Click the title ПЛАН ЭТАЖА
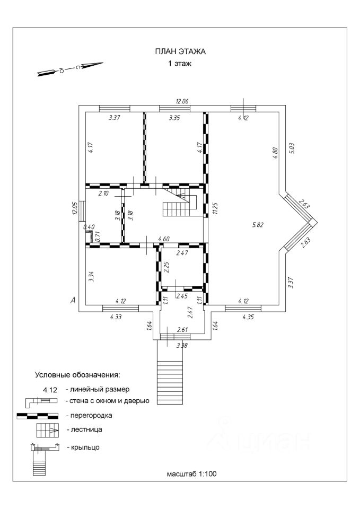(x=180, y=51)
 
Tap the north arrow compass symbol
(x=70, y=69)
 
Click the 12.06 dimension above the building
(x=182, y=101)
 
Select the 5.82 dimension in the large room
(x=257, y=224)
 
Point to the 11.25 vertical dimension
(x=214, y=208)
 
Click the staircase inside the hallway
(x=180, y=203)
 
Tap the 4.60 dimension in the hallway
(x=164, y=240)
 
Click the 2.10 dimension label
(x=103, y=194)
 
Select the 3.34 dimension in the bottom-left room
(x=92, y=276)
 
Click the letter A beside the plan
(x=73, y=300)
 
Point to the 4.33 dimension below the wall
(x=116, y=317)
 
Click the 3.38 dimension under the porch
(x=182, y=345)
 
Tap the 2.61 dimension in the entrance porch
(x=183, y=330)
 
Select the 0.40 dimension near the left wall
(x=89, y=227)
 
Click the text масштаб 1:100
(x=191, y=473)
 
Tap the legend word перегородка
(x=89, y=415)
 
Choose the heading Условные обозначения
(x=77, y=375)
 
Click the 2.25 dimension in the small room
(x=166, y=267)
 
